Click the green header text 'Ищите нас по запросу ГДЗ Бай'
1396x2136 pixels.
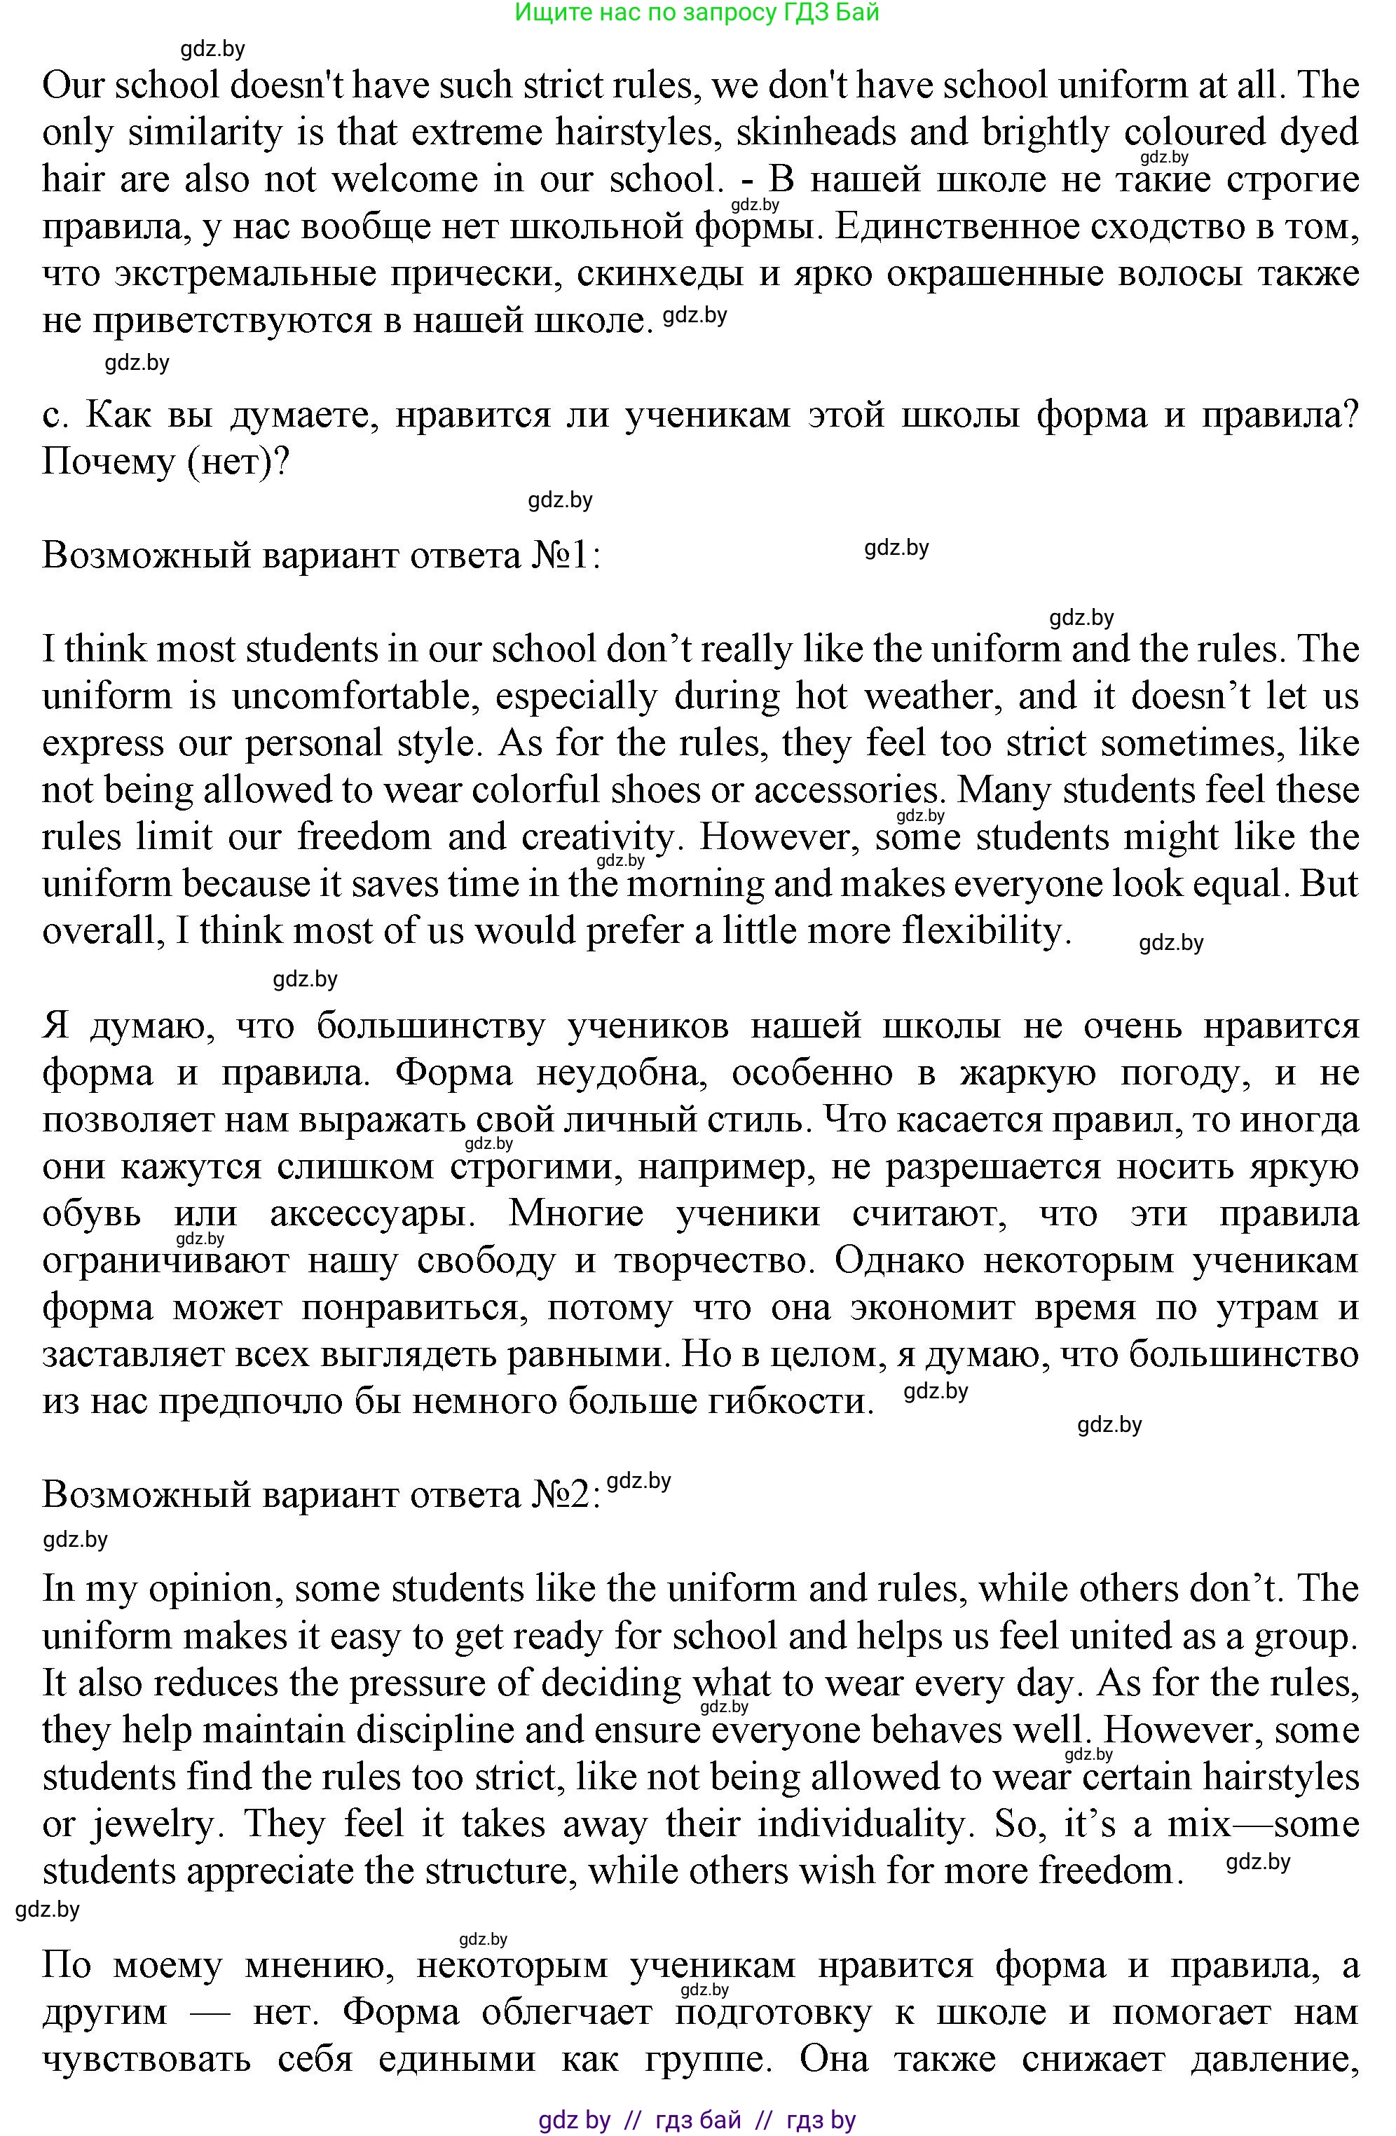tap(697, 13)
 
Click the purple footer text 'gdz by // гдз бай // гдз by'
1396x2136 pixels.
tap(697, 2120)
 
